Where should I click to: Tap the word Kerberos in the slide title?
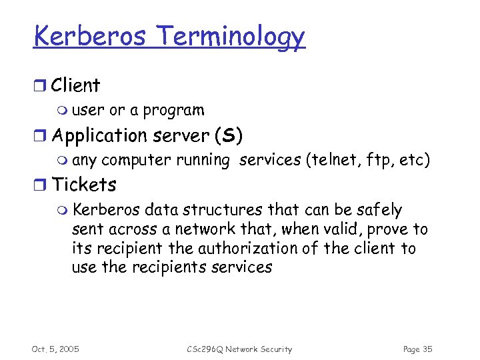pos(89,36)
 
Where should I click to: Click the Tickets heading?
pos(84,185)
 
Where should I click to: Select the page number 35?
pos(427,349)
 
